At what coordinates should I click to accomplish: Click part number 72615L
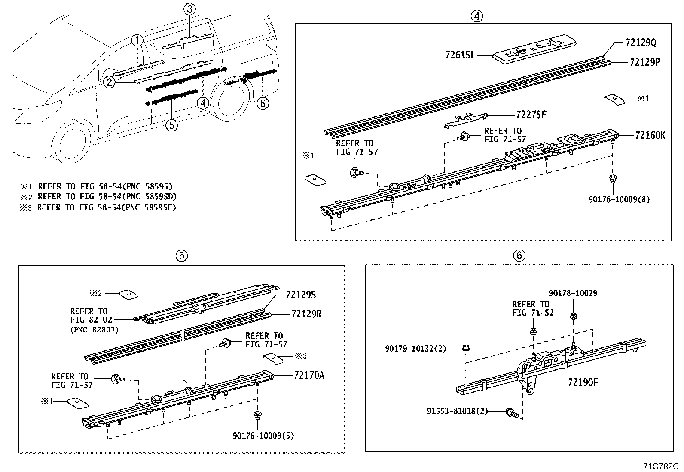461,55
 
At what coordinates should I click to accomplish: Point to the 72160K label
650,135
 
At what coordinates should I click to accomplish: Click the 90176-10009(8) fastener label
619,199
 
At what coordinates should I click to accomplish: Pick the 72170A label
309,375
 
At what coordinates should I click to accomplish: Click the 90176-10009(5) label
263,435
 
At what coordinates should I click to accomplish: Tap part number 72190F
583,382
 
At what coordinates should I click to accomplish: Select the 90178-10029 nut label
573,293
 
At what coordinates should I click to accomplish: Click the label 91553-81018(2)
457,411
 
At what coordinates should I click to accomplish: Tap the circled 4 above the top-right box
476,16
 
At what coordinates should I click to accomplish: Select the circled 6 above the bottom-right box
519,256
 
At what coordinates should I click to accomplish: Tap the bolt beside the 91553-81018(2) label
512,412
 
